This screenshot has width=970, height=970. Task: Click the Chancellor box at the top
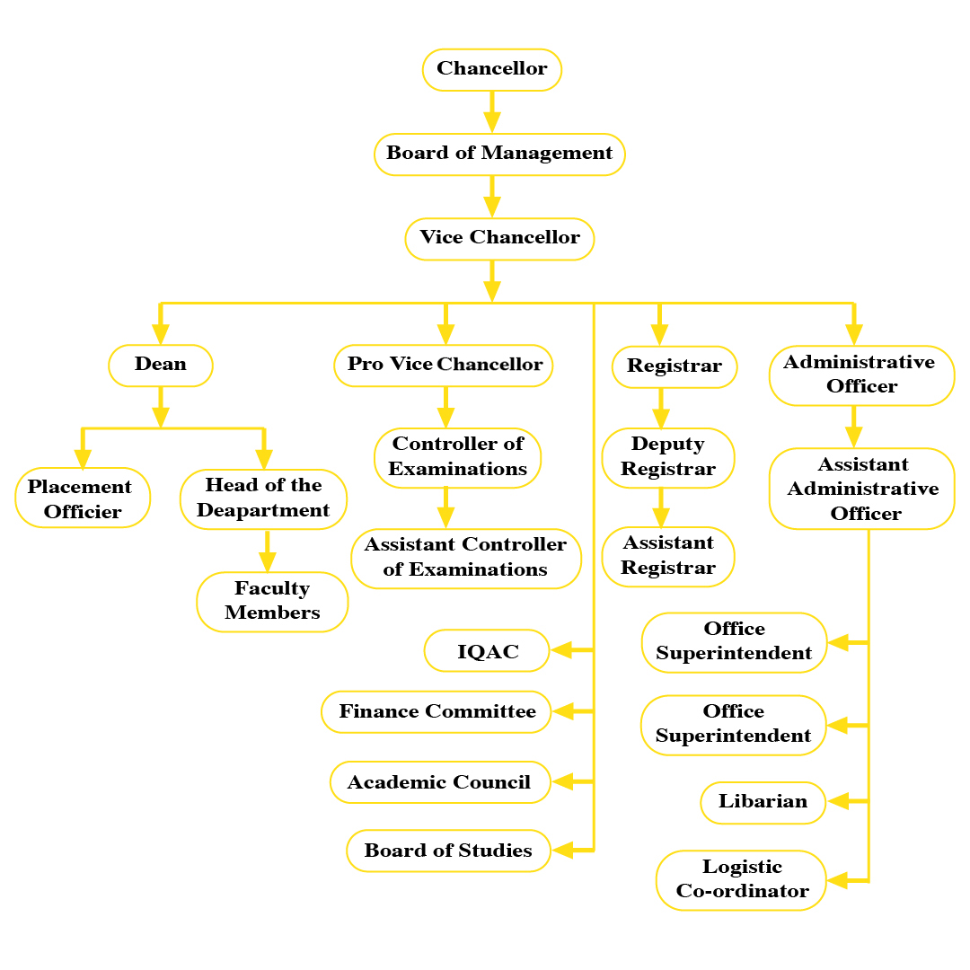[x=492, y=69]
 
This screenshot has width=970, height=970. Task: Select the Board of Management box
[x=499, y=154]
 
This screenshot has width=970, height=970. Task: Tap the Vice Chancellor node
[x=499, y=238]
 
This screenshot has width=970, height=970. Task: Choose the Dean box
[x=161, y=365]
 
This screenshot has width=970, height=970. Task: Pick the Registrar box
[x=674, y=366]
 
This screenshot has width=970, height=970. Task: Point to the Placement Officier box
[x=82, y=498]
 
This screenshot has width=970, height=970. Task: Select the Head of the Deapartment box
[x=263, y=498]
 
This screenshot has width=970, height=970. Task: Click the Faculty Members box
[x=272, y=601]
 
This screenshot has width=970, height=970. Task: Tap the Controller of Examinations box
[x=457, y=456]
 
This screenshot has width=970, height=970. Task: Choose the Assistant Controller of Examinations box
[x=465, y=557]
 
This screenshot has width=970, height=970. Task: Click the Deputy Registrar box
[x=668, y=456]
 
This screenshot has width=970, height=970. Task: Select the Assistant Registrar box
[x=668, y=556]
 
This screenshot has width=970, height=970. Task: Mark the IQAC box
[x=487, y=651]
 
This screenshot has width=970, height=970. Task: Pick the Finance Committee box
[x=436, y=711]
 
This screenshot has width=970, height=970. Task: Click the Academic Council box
[x=439, y=782]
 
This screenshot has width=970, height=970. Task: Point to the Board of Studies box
[x=448, y=851]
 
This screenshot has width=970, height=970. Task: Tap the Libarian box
[x=763, y=801]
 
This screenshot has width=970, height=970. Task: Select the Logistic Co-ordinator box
[x=742, y=879]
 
